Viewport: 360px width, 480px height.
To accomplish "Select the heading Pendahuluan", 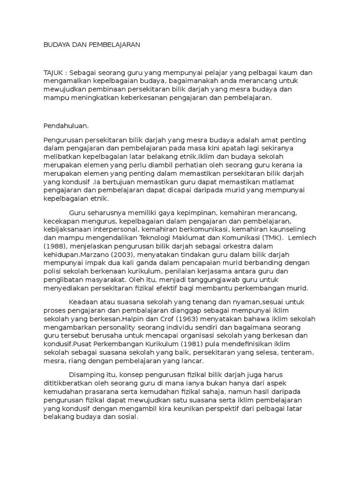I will click(66, 126).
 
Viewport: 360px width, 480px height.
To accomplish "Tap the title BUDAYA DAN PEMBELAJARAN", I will click(92, 45).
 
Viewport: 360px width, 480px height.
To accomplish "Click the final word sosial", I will click(127, 417).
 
